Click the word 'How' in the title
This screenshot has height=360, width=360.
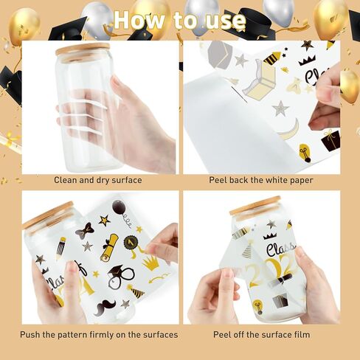pos(139,20)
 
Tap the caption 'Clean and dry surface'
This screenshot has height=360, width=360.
pos(98,180)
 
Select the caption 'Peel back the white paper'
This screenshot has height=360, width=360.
pos(261,180)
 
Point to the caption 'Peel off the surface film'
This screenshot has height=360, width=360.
pos(261,335)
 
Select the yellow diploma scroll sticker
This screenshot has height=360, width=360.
pos(110,248)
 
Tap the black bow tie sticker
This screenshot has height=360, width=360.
pos(85,231)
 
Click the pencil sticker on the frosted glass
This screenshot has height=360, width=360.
pos(60,249)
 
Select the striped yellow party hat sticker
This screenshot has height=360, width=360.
pos(136,291)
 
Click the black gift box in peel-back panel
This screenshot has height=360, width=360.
pos(330,140)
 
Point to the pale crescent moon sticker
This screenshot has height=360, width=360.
pos(291,131)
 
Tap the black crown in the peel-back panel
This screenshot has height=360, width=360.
pos(307,60)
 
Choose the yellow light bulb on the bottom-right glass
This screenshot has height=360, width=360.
pos(257,306)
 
